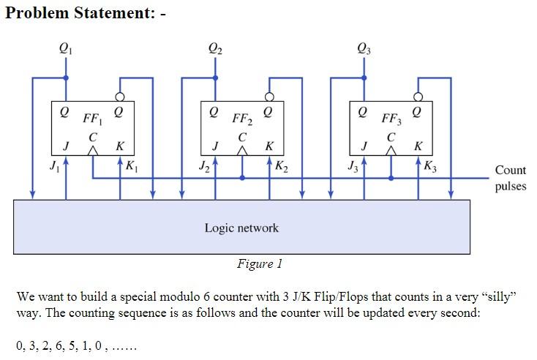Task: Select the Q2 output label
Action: click(x=215, y=50)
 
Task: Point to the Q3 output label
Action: click(x=364, y=50)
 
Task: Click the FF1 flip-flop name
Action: click(x=93, y=117)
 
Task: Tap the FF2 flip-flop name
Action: click(x=242, y=117)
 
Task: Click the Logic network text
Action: click(x=241, y=228)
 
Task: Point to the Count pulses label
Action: click(x=510, y=178)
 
